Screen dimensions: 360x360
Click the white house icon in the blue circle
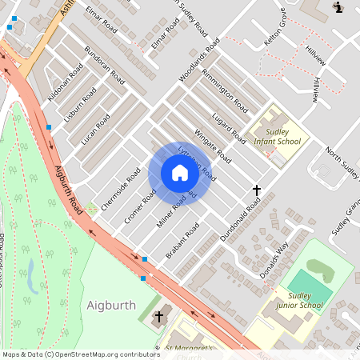click(x=180, y=173)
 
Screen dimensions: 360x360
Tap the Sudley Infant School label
click(x=277, y=136)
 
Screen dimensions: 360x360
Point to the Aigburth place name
click(x=111, y=306)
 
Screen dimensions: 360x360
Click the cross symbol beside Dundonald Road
click(x=257, y=190)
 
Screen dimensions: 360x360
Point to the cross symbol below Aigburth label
click(x=158, y=317)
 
